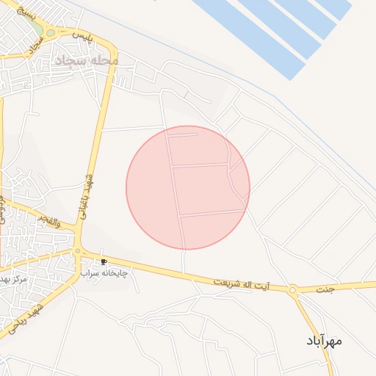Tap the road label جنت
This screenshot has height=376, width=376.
(x=325, y=289)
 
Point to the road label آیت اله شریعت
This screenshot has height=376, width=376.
(x=242, y=282)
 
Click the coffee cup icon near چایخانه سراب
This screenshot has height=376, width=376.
(x=104, y=261)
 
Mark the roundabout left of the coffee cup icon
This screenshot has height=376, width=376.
(x=77, y=251)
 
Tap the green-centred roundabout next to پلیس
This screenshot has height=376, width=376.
(x=50, y=32)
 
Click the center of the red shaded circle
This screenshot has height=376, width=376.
(x=188, y=187)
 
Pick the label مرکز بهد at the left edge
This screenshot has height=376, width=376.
(x=12, y=280)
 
